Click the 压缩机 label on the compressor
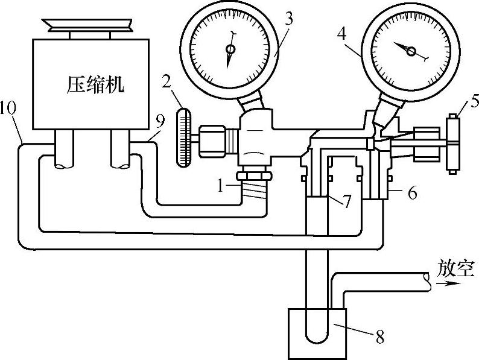(95, 85)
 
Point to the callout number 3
(290, 18)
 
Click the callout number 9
(159, 121)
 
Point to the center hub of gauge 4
(411, 52)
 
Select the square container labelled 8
(317, 332)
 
